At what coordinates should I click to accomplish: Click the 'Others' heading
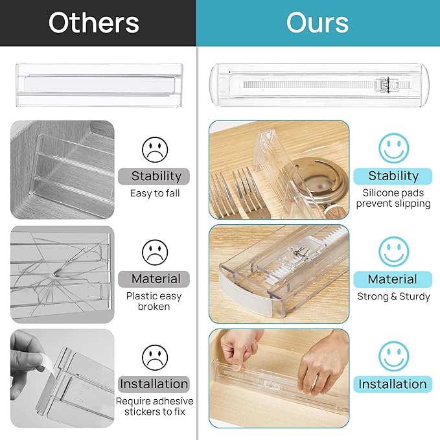pos(94,23)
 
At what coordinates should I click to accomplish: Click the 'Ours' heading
pos(318,23)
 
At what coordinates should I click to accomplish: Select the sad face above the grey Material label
pos(155,251)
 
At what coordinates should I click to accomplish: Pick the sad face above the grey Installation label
pos(155,356)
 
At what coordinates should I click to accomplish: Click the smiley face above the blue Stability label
pos(393,148)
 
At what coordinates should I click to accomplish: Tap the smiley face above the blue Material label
pos(393,251)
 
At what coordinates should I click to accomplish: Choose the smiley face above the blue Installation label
pos(393,356)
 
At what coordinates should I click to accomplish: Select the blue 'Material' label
pos(393,279)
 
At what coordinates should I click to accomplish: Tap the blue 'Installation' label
pos(393,384)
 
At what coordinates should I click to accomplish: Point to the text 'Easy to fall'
pos(155,193)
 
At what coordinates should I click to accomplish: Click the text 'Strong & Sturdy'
pos(393,297)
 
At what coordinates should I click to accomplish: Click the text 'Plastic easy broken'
pos(154,301)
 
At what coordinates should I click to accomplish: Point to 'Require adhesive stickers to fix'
pos(154,406)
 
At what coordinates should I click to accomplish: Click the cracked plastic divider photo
pos(62,274)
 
